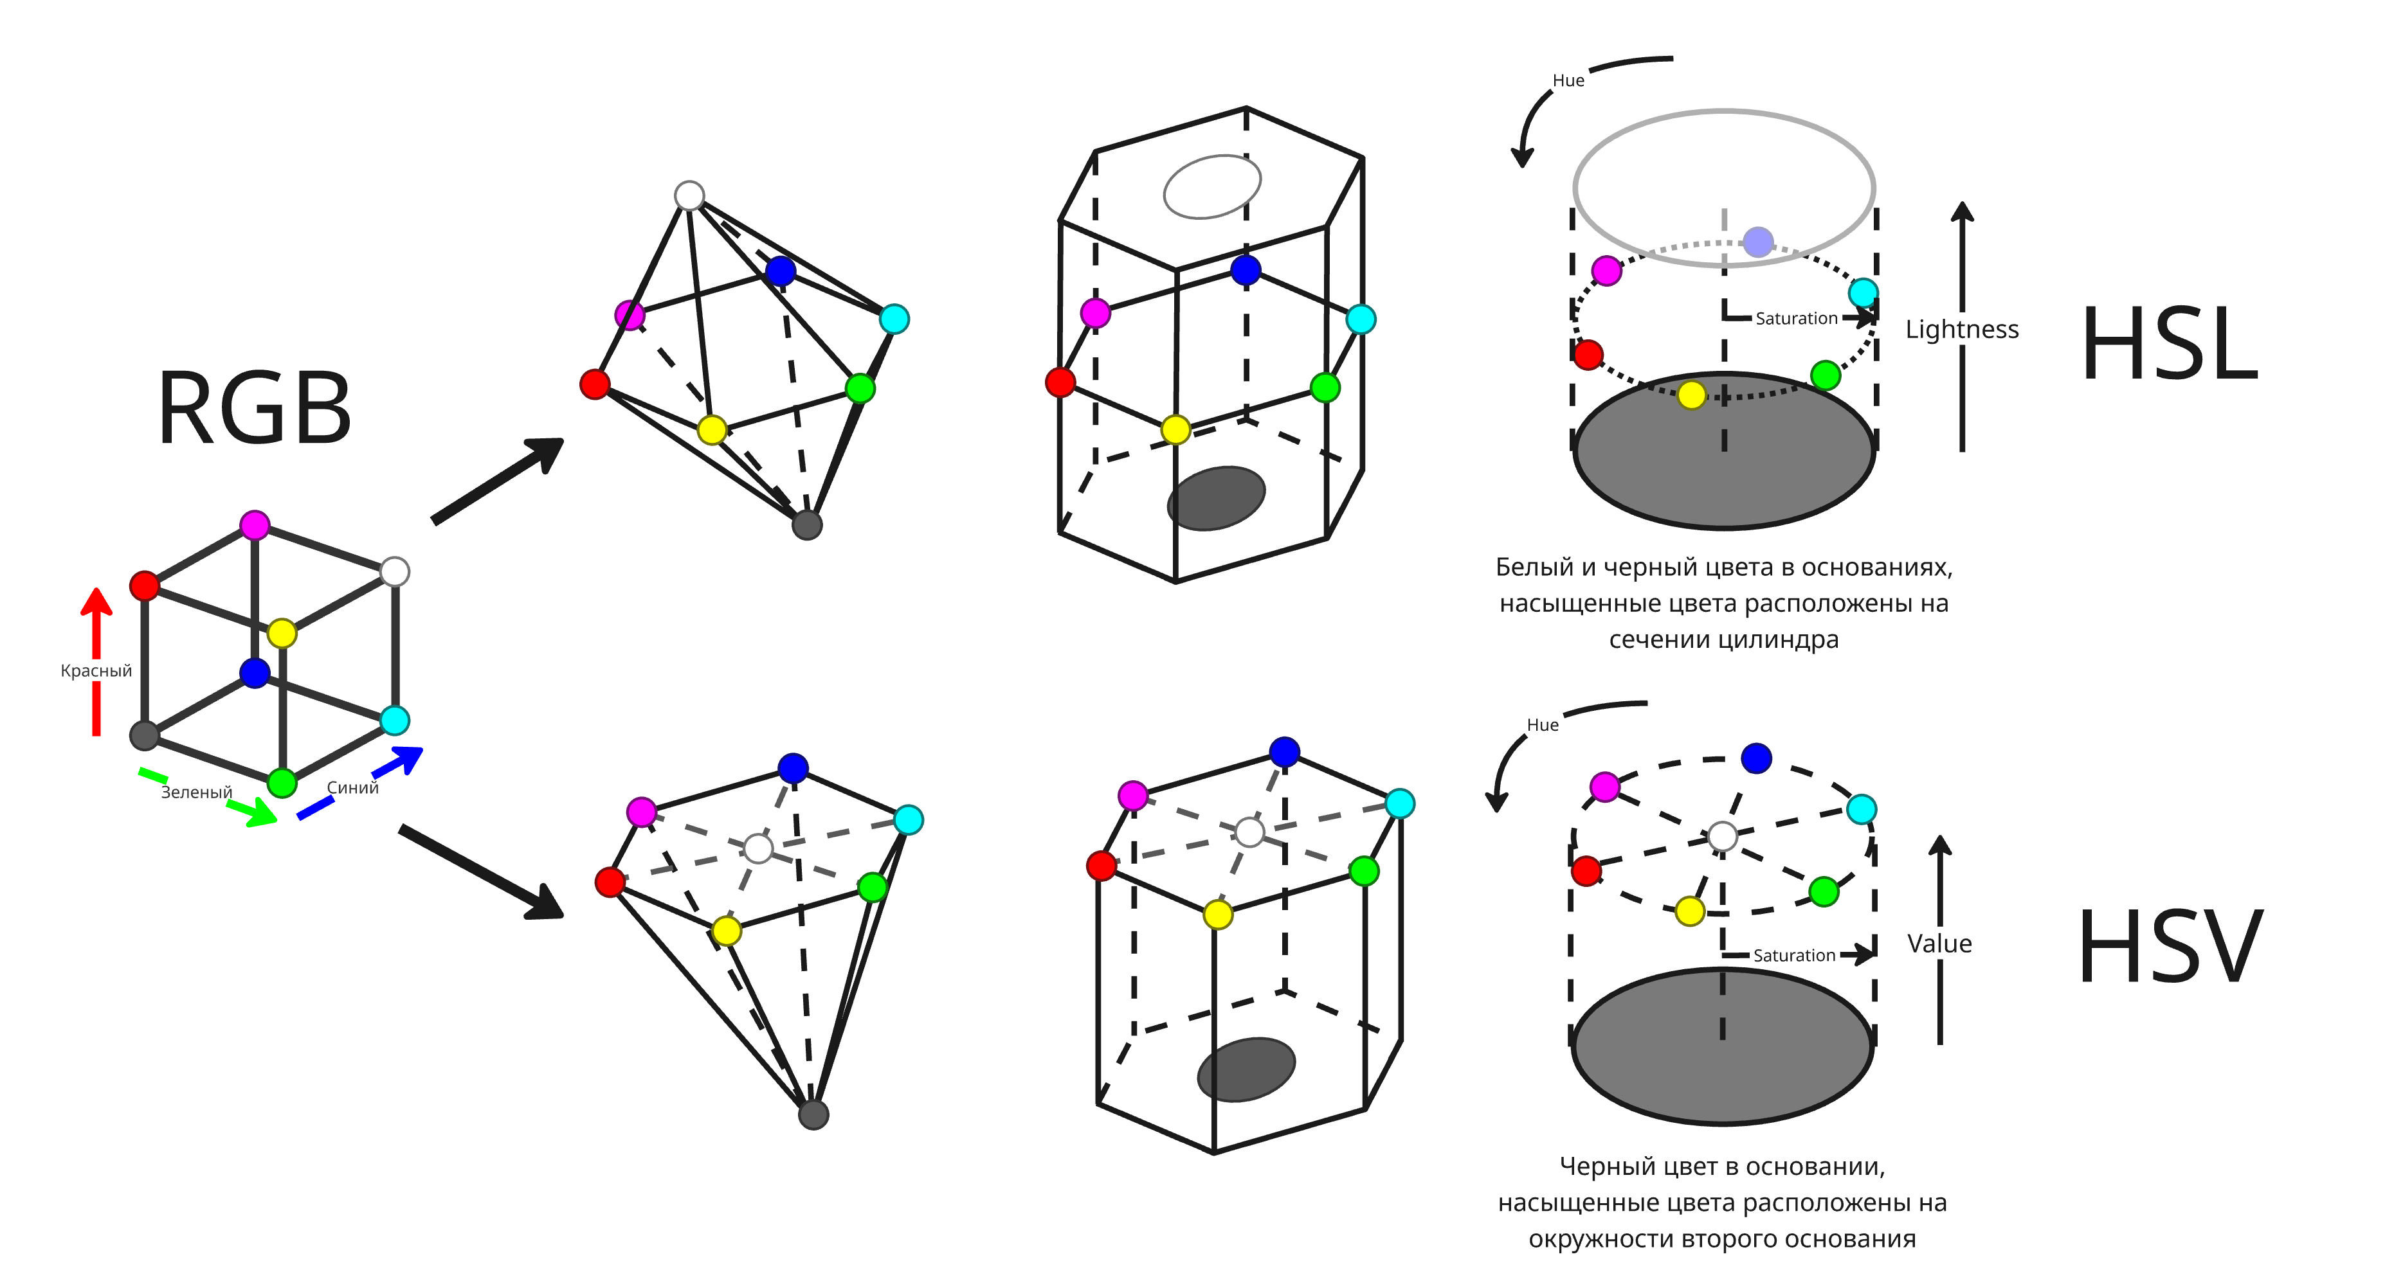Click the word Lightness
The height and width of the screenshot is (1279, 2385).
click(1961, 330)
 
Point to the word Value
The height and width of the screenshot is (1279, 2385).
click(1939, 944)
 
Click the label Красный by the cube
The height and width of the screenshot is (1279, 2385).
click(96, 671)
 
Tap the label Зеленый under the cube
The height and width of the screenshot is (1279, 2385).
click(196, 792)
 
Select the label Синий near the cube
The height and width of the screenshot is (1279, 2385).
click(353, 787)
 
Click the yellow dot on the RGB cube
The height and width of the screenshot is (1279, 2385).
click(282, 634)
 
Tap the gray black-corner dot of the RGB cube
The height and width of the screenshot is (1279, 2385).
click(145, 736)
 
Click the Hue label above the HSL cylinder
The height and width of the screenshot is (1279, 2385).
click(1568, 80)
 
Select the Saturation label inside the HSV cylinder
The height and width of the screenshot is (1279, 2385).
click(1793, 955)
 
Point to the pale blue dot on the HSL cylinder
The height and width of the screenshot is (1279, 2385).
click(1757, 242)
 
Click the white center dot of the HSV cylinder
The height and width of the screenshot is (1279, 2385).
click(1722, 836)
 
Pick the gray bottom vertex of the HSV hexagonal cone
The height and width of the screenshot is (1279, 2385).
click(813, 1114)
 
